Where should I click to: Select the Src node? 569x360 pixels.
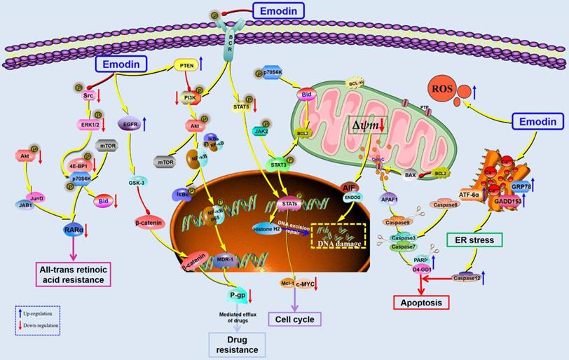tap(88, 95)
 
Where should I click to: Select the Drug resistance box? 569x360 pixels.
tap(237, 344)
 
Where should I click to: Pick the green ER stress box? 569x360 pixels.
tap(474, 240)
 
